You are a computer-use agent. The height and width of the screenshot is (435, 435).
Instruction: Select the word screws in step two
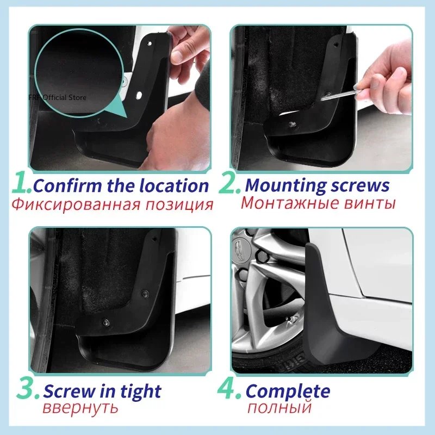coord(359,185)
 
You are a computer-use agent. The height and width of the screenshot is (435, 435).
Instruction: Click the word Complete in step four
coord(288,391)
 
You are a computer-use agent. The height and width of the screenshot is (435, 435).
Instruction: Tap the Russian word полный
coord(279,408)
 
